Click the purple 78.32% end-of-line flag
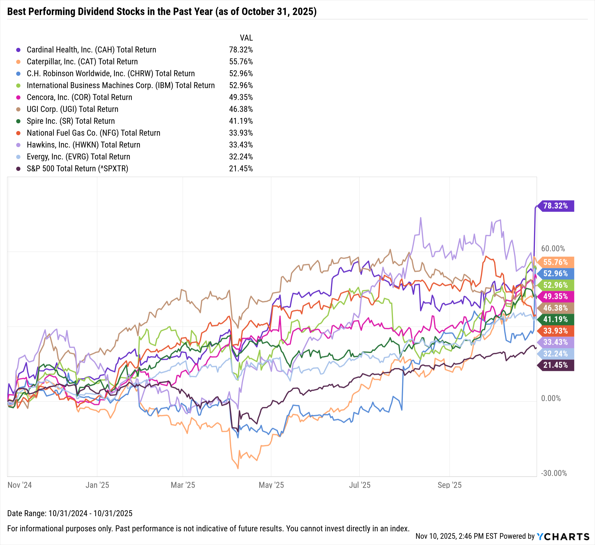tap(555, 206)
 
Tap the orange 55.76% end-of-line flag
tap(555, 262)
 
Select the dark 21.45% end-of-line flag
tap(555, 365)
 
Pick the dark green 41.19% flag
tap(555, 319)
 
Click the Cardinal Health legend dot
tap(18, 50)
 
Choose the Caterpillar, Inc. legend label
tap(82, 62)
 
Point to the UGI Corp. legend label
tap(72, 109)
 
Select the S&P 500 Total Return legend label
tap(77, 168)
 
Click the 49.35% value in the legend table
tap(241, 97)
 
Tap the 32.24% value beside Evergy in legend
tap(241, 157)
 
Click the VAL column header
tap(246, 38)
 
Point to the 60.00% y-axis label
tap(553, 248)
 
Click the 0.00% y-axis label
tap(551, 398)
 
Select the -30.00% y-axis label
tap(554, 473)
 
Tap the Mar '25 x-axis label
tap(183, 485)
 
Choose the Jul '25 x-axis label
tap(359, 485)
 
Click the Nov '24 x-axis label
tap(20, 485)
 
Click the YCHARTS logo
tap(563, 536)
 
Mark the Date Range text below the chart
tap(70, 513)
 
